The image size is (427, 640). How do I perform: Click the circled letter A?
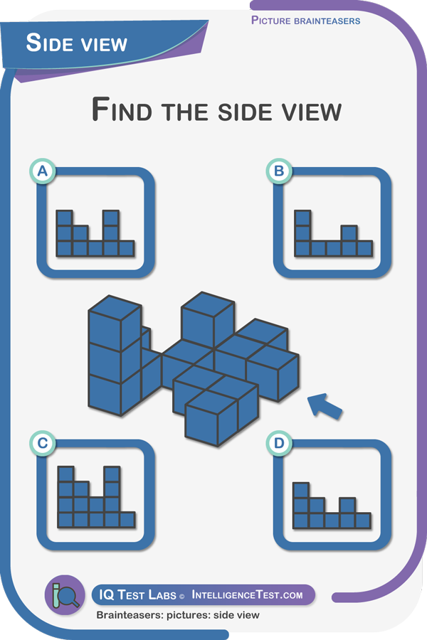[x=43, y=171]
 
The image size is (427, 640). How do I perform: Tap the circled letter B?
[x=279, y=171]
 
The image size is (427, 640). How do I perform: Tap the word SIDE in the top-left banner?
[x=48, y=43]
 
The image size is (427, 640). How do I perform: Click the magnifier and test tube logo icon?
[x=65, y=595]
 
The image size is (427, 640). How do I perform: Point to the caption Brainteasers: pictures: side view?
[x=178, y=614]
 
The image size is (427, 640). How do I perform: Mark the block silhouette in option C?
[x=95, y=497]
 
